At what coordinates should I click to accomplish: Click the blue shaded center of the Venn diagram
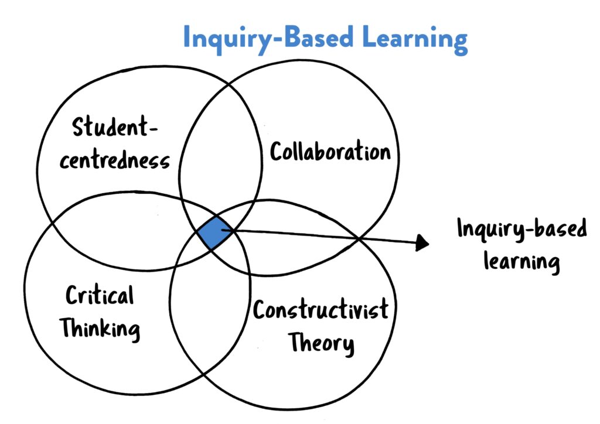click(212, 232)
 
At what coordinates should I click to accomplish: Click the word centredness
click(114, 160)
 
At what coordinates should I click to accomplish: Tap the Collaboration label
click(330, 152)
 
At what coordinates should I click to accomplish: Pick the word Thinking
click(101, 328)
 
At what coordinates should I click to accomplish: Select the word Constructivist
click(320, 309)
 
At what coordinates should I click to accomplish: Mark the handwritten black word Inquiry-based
click(521, 230)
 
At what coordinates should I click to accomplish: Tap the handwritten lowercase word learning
click(521, 261)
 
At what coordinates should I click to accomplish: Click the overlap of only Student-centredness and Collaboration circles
click(220, 152)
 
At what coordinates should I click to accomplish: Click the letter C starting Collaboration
click(277, 153)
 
